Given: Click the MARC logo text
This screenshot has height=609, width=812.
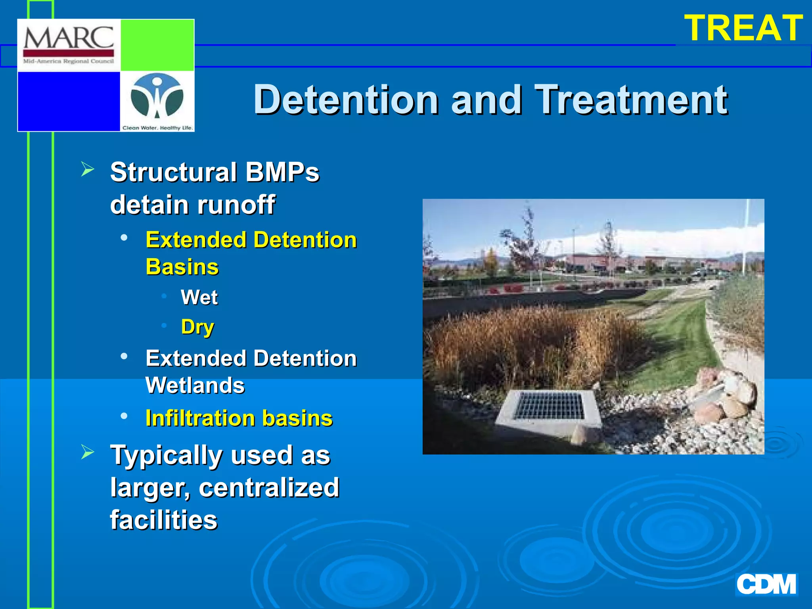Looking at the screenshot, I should coord(69,38).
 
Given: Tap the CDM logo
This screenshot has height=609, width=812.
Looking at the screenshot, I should coord(766,584).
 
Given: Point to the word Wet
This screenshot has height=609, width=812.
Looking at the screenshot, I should coord(199,297).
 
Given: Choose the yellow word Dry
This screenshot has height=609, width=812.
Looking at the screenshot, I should coord(197,327).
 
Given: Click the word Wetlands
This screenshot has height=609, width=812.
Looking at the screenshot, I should coord(195,385).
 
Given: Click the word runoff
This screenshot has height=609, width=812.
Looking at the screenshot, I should coord(236,205).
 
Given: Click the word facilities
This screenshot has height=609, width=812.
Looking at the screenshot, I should coord(164,520).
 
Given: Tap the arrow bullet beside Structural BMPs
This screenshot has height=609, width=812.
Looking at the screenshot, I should coord(88,169).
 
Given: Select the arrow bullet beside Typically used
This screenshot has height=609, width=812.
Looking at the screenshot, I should coord(88,452).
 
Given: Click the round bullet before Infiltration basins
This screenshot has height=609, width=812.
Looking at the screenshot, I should coord(124,416).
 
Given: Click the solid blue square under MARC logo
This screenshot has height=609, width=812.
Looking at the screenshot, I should coord(69,101).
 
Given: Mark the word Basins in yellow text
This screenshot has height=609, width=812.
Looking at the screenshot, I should coord(182,266).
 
